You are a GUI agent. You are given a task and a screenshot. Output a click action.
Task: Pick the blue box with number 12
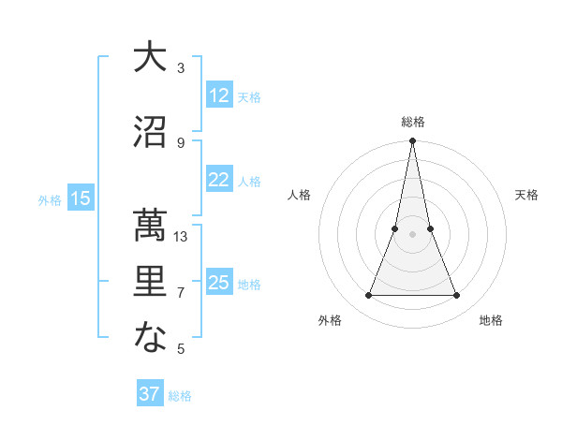coord(219,95)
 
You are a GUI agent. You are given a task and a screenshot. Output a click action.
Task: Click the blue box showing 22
coord(219,181)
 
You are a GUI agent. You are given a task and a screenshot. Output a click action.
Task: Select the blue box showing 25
coord(219,283)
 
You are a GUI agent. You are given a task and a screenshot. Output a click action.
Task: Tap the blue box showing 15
coord(81,198)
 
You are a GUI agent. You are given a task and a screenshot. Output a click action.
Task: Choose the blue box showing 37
coord(150,394)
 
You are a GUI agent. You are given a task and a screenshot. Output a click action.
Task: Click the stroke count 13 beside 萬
coord(181,237)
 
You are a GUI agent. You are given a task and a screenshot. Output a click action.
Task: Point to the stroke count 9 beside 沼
coord(181,142)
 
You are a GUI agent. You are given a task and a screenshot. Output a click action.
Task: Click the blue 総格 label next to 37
coord(180,396)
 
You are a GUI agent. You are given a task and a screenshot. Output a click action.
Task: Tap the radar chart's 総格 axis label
coord(413,122)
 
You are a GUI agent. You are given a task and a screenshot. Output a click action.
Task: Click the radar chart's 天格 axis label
coord(526,195)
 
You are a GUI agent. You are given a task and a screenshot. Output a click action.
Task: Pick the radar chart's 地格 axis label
coord(491,320)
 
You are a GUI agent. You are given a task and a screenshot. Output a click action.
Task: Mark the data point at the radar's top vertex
coord(413,141)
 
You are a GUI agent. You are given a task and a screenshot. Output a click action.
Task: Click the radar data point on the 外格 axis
coord(368,296)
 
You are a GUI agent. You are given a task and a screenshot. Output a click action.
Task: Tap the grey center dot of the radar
coord(413,234)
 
